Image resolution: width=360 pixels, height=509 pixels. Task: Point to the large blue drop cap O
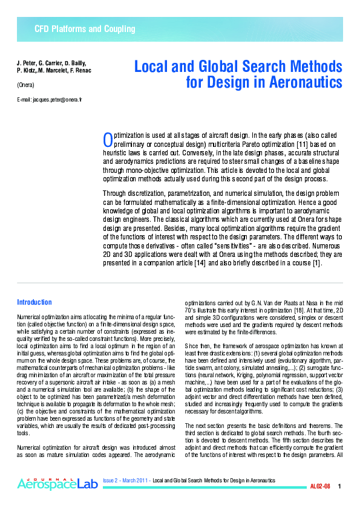108,140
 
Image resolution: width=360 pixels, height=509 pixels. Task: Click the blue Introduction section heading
34,302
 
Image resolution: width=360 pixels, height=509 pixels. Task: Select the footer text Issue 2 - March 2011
126,479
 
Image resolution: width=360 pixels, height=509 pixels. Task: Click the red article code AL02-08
320,486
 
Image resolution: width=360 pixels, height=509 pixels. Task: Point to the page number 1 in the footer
339,486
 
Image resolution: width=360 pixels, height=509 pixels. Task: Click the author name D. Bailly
75,63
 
